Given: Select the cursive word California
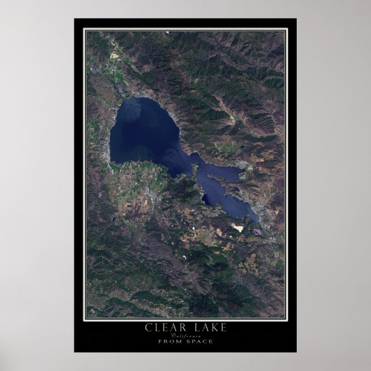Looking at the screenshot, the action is click(x=185, y=336).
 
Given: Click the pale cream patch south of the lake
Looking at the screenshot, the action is click(x=237, y=228).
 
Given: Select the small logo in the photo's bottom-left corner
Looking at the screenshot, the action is click(x=90, y=315).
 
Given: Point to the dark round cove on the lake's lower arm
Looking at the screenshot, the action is click(x=206, y=199).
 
